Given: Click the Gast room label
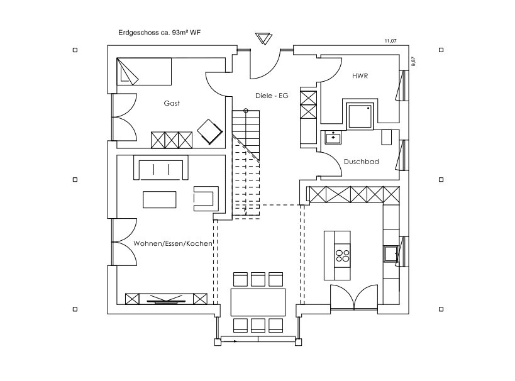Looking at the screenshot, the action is click(x=172, y=103).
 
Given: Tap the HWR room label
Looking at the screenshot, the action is click(x=360, y=76).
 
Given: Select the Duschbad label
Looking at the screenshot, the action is click(x=362, y=162).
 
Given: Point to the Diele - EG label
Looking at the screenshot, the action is click(x=272, y=96).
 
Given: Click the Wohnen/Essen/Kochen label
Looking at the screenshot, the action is click(x=173, y=243).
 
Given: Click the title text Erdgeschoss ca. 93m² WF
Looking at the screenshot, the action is click(x=159, y=33).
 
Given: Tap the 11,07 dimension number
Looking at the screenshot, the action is click(x=390, y=41).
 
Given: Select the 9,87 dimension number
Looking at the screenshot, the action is click(x=413, y=62).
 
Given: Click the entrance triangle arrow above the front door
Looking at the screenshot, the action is click(x=263, y=38).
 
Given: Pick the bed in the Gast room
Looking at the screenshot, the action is click(x=144, y=72).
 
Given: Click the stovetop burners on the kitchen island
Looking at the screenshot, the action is click(x=342, y=255).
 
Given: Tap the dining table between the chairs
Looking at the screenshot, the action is click(x=258, y=302).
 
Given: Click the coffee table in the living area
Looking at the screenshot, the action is click(x=160, y=199).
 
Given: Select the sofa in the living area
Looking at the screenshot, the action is click(x=161, y=167).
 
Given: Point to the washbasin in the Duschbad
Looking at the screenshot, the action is click(x=333, y=137).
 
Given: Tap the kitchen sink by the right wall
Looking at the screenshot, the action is click(x=391, y=253).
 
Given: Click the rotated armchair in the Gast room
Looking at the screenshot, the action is click(x=210, y=131).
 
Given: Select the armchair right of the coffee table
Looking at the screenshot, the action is click(x=206, y=199).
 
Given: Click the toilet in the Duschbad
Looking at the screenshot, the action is click(x=387, y=137).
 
